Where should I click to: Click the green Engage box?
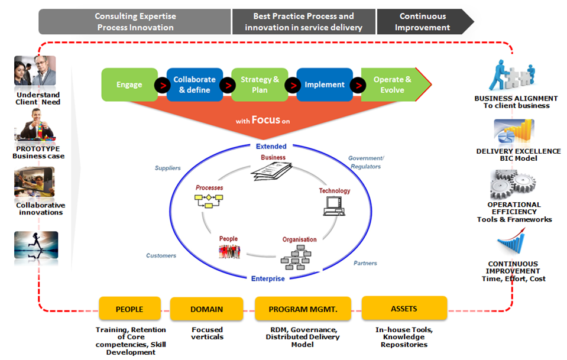point(129,85)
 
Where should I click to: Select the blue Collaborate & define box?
point(195,85)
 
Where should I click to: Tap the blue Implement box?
point(324,85)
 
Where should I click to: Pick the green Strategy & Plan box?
point(260,85)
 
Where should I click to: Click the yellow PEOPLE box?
point(129,309)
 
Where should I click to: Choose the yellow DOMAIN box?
point(206,309)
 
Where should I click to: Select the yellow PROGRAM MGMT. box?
point(302,309)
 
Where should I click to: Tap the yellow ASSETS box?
point(404,308)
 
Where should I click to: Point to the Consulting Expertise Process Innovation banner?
point(135,22)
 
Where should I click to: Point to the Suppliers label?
point(168,168)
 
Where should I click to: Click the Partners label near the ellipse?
point(365,263)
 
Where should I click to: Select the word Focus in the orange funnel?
point(265,120)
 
